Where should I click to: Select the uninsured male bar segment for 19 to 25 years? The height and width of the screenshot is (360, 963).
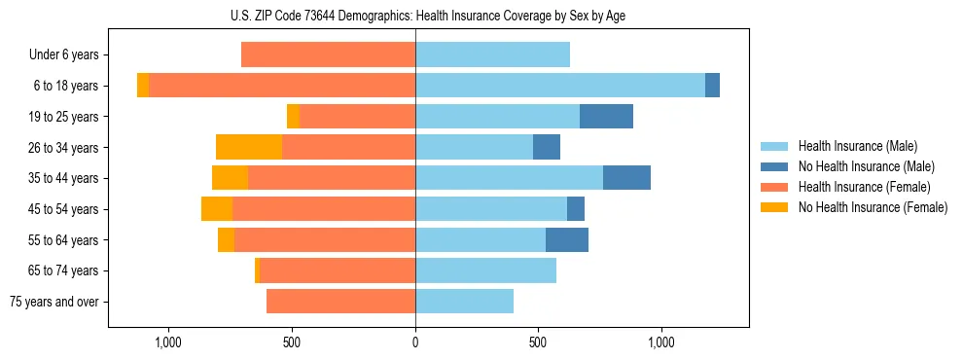pyautogui.click(x=606, y=117)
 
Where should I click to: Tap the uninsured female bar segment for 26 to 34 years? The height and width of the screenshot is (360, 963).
pyautogui.click(x=249, y=147)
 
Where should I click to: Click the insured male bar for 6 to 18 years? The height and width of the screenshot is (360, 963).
pyautogui.click(x=560, y=86)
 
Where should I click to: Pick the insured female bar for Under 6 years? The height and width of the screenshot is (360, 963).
pyautogui.click(x=328, y=55)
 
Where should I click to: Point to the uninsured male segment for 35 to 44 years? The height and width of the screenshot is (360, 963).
pyautogui.click(x=626, y=178)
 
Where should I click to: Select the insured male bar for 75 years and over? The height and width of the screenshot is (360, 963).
pyautogui.click(x=464, y=302)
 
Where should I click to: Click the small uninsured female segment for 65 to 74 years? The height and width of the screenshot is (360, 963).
pyautogui.click(x=257, y=270)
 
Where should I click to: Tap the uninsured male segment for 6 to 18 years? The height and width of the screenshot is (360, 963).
pyautogui.click(x=712, y=86)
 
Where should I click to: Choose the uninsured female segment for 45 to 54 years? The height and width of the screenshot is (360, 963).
pyautogui.click(x=217, y=209)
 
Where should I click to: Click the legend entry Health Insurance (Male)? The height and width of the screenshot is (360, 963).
pyautogui.click(x=857, y=146)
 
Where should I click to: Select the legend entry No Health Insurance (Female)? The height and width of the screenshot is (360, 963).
pyautogui.click(x=873, y=207)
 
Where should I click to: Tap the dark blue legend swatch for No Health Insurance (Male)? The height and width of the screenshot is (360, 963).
pyautogui.click(x=774, y=166)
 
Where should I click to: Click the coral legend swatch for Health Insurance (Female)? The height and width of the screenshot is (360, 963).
pyautogui.click(x=774, y=187)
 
